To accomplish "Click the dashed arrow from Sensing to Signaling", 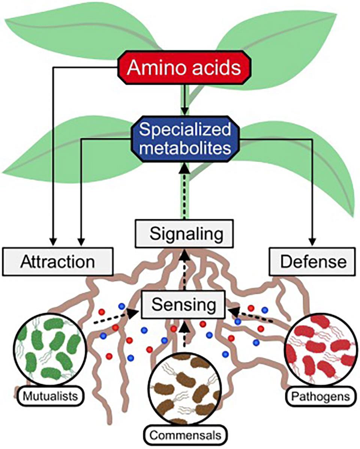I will point(184,270).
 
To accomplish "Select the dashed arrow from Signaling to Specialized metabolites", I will point(184,191).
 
